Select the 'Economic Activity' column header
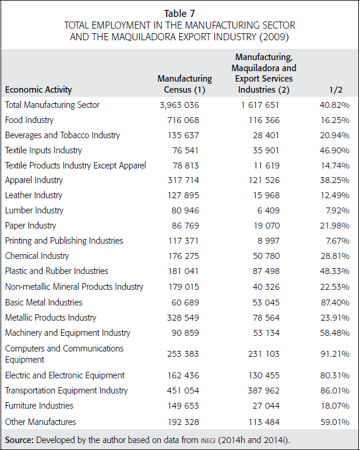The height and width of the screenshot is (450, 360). [38, 90]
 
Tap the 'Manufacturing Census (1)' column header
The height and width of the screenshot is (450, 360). [185, 84]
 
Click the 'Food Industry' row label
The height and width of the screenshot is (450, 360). [29, 120]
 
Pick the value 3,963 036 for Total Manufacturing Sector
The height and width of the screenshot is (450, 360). [179, 105]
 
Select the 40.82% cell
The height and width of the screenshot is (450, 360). [334, 105]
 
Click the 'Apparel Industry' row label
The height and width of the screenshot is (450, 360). [34, 180]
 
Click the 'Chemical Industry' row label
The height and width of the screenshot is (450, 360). [37, 256]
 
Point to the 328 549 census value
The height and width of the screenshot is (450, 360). [183, 318]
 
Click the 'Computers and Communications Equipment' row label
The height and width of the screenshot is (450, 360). [64, 354]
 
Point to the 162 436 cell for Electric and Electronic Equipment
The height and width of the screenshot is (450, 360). [183, 375]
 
